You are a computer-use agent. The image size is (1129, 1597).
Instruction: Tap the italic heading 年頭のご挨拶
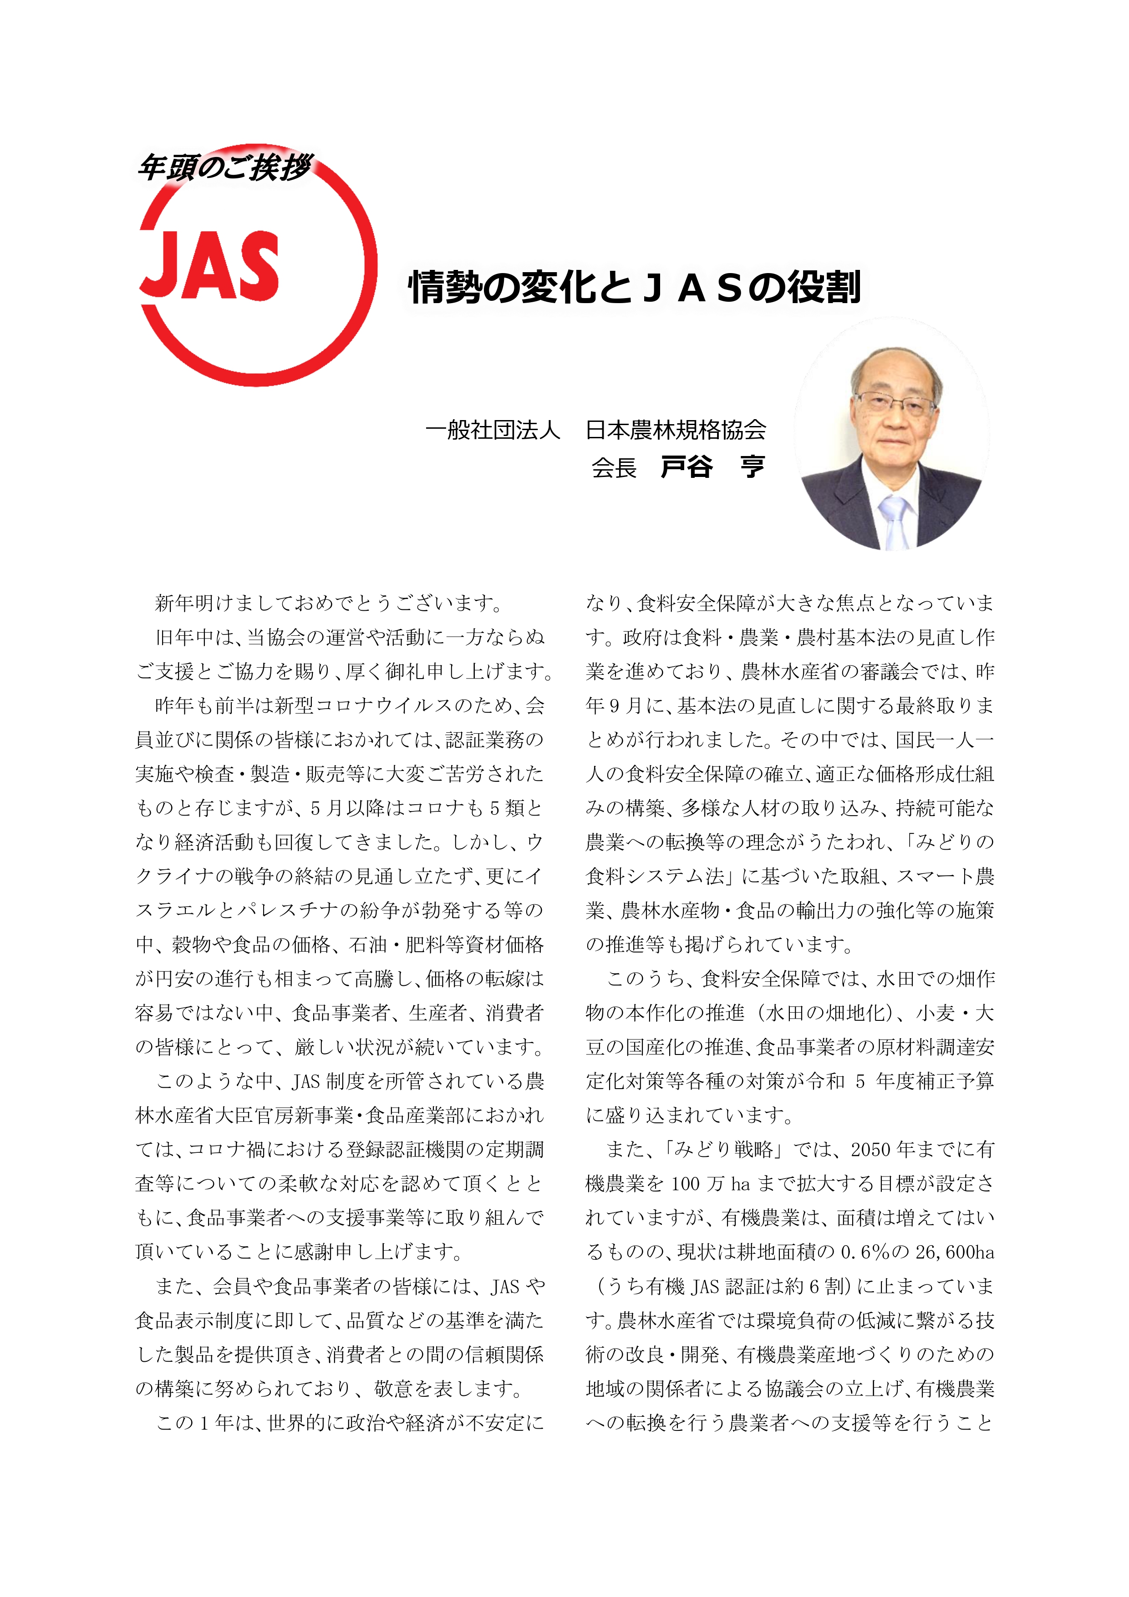[x=224, y=167]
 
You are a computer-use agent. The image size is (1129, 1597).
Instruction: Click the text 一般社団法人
[x=493, y=430]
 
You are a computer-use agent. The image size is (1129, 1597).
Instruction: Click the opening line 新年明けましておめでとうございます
[x=328, y=603]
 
